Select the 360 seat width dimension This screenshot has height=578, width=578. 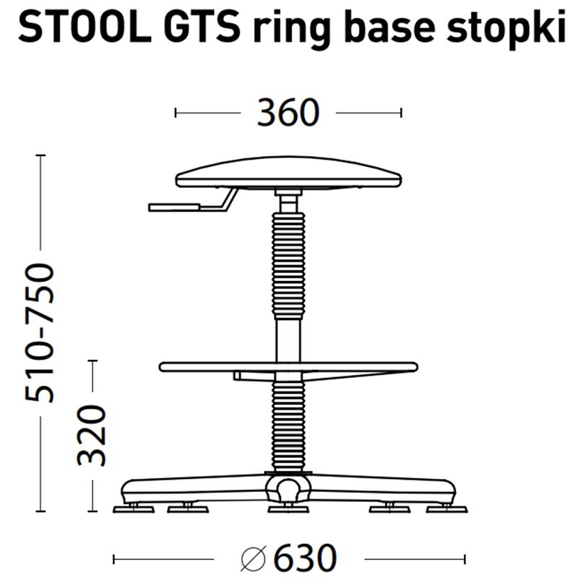click(x=288, y=113)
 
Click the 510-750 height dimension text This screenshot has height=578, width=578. click(x=40, y=332)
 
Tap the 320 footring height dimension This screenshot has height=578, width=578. click(x=93, y=435)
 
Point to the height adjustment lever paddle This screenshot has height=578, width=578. click(x=173, y=207)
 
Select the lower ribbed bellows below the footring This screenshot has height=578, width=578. click(x=288, y=426)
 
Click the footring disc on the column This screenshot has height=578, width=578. click(x=288, y=366)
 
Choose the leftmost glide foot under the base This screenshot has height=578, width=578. click(x=134, y=509)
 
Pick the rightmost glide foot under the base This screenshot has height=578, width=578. click(x=446, y=509)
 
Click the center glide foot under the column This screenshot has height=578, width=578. click(x=288, y=509)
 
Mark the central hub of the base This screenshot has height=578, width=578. click(x=287, y=488)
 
